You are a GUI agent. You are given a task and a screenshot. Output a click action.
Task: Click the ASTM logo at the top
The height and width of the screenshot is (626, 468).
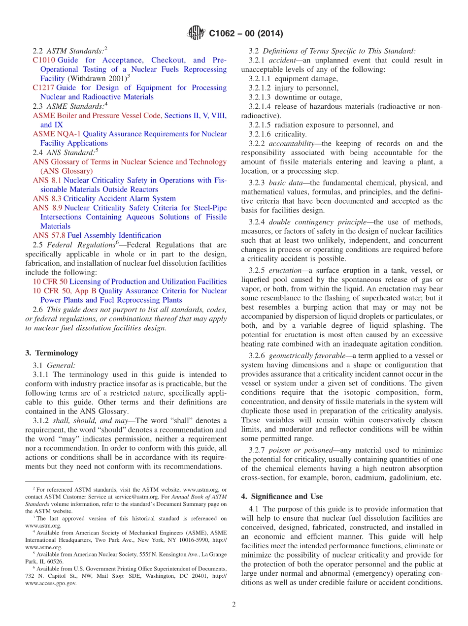tap(196, 33)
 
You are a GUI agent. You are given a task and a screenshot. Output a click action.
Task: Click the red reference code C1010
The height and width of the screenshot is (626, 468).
tap(44, 60)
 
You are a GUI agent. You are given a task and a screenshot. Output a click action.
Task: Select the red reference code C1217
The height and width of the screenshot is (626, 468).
tap(44, 88)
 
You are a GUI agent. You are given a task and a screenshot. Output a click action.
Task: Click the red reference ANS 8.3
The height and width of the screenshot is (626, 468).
tap(47, 199)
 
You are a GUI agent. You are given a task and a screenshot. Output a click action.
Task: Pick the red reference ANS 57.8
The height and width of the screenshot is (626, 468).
tap(49, 236)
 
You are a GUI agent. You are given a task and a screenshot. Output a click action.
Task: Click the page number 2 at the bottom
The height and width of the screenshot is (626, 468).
tap(234, 605)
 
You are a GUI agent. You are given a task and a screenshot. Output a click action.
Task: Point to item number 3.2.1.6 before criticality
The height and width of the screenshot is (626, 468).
tap(262, 134)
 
